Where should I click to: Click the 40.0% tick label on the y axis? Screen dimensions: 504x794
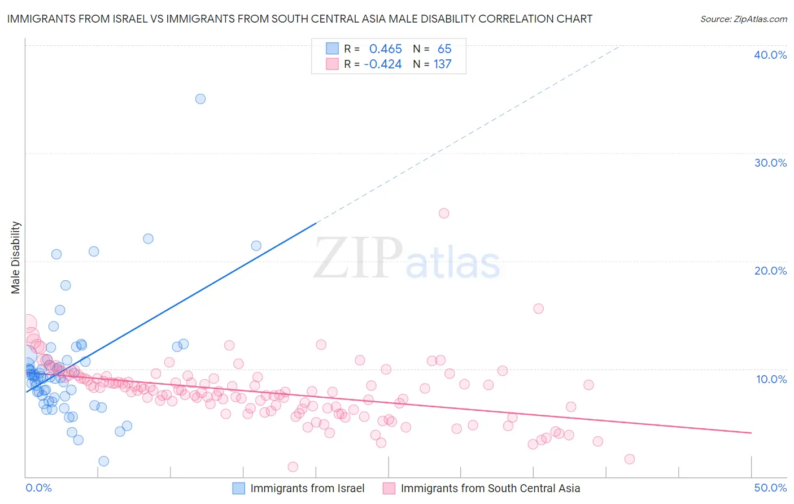(x=770, y=55)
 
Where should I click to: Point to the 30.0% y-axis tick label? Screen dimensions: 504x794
(x=770, y=163)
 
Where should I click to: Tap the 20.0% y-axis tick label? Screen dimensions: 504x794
(x=770, y=271)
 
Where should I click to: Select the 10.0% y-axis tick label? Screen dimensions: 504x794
(x=771, y=379)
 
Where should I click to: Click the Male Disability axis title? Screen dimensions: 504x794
(x=16, y=258)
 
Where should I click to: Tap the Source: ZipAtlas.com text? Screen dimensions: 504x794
(x=743, y=19)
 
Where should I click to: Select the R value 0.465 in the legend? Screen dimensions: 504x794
(x=385, y=49)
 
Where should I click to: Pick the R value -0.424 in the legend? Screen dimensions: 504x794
(x=382, y=64)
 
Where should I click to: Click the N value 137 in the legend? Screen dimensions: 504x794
(x=442, y=64)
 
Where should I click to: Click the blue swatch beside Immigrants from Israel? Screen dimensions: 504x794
(x=239, y=488)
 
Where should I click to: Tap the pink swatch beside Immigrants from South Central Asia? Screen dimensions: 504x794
(x=389, y=488)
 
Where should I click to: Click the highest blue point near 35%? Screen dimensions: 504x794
(x=200, y=99)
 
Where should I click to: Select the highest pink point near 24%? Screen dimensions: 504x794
(x=444, y=214)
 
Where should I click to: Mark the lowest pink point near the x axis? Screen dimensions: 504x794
(x=293, y=467)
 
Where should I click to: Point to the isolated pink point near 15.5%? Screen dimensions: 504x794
(x=538, y=309)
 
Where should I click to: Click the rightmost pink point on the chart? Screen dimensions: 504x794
(x=630, y=459)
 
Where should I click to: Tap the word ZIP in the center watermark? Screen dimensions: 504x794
(x=358, y=258)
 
